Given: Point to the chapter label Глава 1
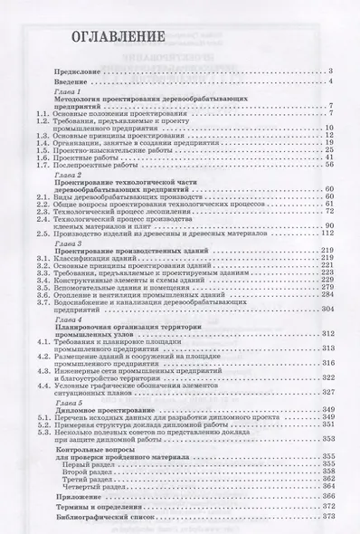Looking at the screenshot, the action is tap(71, 92).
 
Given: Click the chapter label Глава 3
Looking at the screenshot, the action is tap(71, 244).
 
